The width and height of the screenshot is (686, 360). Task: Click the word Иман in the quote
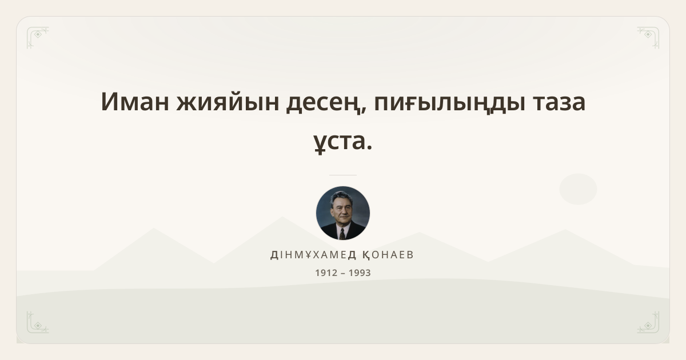[135, 102]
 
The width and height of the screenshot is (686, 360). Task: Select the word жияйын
[228, 102]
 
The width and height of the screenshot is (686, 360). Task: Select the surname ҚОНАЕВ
[388, 255]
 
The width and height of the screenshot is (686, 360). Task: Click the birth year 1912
[326, 273]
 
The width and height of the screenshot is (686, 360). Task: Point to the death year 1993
[360, 273]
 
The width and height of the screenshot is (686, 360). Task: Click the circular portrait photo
[342, 213]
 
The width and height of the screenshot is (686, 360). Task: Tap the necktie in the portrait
[342, 234]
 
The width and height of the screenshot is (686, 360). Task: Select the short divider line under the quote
[342, 175]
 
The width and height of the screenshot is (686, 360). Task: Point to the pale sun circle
[578, 189]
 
